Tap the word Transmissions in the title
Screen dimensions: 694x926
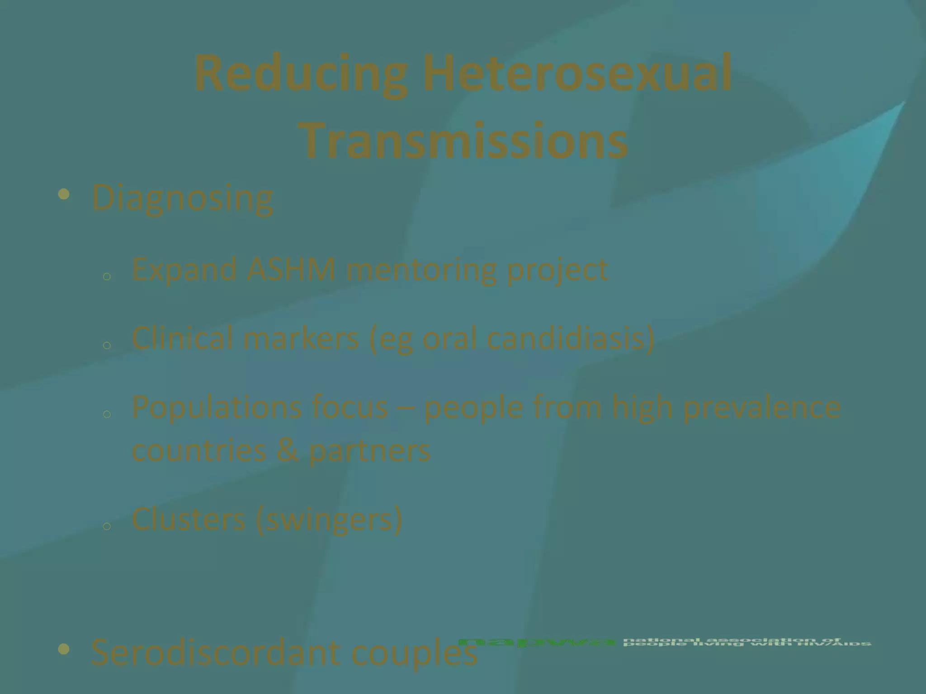465,138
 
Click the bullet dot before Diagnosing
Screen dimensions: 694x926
64,195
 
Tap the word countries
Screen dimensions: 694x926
199,450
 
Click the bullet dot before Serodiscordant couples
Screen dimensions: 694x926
64,649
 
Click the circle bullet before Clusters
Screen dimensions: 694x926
107,526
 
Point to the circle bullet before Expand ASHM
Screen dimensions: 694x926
107,277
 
